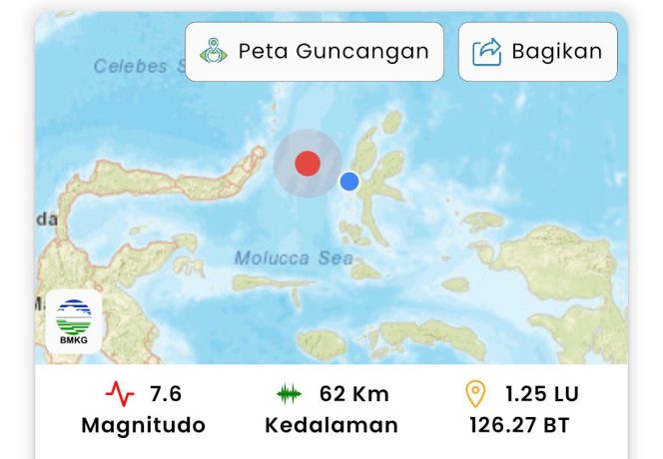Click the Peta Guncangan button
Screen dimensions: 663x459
[315, 51]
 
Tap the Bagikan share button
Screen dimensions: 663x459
[537, 51]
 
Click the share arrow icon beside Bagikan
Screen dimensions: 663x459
[486, 51]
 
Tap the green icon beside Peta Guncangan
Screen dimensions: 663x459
[214, 51]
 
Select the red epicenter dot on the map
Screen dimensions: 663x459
[308, 164]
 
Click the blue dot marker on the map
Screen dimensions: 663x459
[348, 181]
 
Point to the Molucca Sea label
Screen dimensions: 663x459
[294, 258]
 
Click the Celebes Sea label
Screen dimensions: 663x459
[140, 67]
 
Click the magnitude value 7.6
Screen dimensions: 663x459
[165, 393]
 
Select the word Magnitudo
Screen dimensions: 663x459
[144, 425]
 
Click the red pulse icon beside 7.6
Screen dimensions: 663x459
[120, 394]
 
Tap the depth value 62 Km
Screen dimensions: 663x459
[354, 393]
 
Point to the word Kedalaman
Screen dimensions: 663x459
[331, 425]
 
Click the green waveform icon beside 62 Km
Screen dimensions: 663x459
[289, 394]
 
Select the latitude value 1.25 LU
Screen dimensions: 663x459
[541, 393]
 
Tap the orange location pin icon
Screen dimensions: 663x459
[476, 393]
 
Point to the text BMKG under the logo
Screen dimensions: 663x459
[74, 340]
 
